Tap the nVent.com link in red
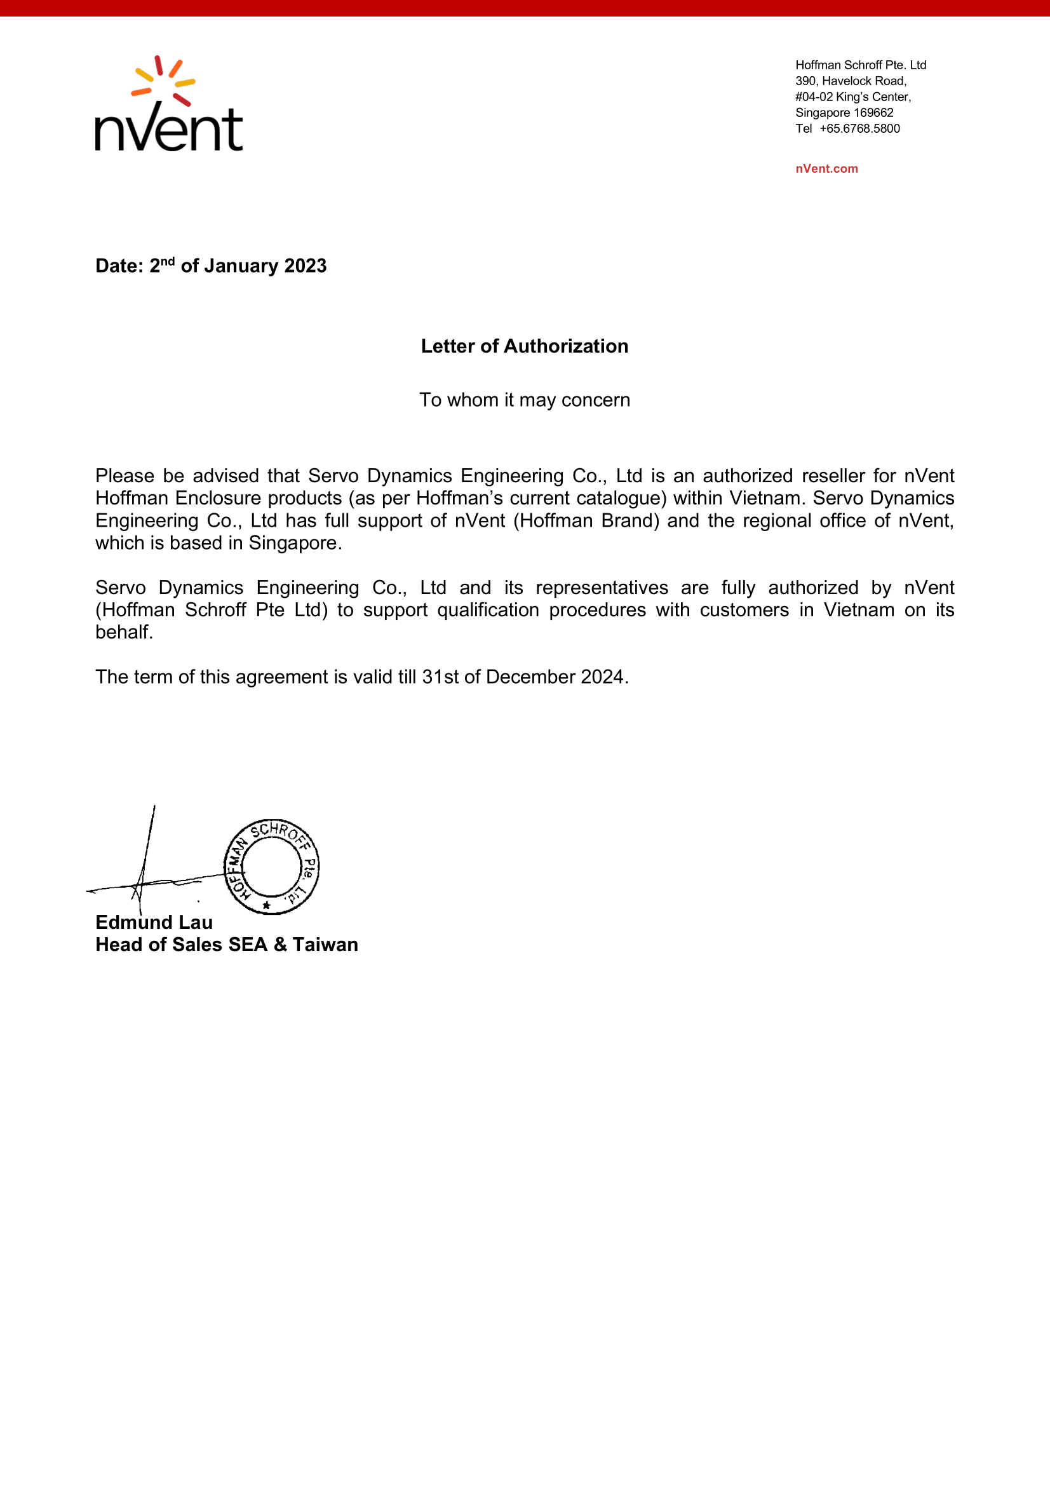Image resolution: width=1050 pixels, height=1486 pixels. (x=826, y=169)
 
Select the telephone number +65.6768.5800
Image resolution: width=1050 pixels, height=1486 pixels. (x=859, y=129)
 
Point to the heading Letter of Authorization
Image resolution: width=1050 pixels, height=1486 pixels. (x=524, y=346)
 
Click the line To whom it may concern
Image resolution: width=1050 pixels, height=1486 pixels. (x=524, y=400)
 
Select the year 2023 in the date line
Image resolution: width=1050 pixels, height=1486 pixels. (x=306, y=266)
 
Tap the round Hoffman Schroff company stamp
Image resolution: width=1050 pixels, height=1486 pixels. (x=271, y=866)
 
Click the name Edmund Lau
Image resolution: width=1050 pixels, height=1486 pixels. (x=154, y=922)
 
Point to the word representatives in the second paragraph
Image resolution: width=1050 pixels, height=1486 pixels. (x=602, y=588)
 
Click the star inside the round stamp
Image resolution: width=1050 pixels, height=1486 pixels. (x=266, y=905)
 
